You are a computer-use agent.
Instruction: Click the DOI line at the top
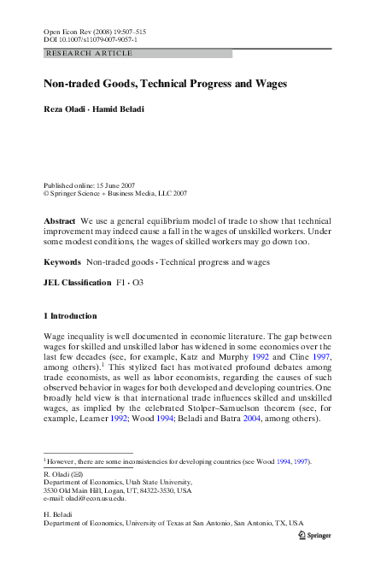pyautogui.click(x=91, y=39)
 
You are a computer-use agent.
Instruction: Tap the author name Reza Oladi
pyautogui.click(x=64, y=111)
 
